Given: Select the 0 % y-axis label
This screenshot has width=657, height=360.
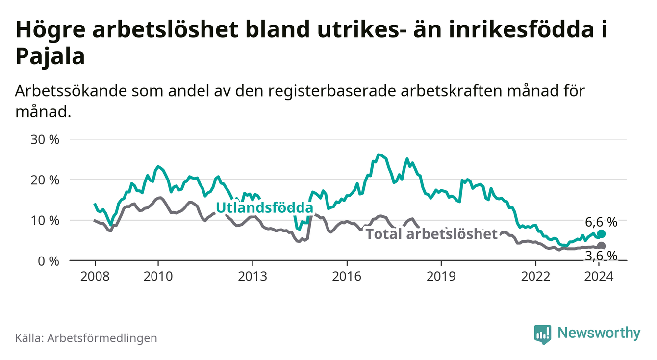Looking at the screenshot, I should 48,261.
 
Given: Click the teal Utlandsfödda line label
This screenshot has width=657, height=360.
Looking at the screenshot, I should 264,208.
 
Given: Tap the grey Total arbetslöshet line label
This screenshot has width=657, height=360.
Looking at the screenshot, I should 431,234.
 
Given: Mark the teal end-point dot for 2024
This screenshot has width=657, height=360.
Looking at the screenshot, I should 601,234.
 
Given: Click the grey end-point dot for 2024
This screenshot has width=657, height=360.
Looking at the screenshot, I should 601,246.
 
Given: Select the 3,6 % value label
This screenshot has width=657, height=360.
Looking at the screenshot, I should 601,256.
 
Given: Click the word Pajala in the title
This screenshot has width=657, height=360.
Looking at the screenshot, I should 51,57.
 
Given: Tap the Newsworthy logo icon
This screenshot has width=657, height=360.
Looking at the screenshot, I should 542,334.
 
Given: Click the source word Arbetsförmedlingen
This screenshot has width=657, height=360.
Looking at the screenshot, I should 102,338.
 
